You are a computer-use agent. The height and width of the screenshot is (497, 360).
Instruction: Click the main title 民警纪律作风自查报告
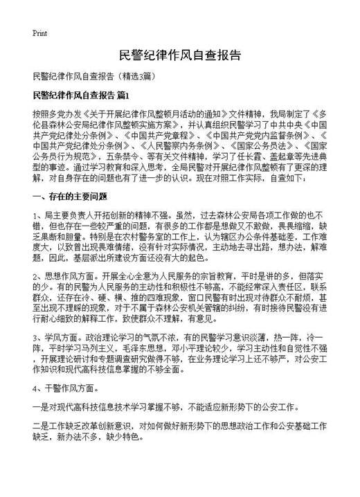tap(180, 55)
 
